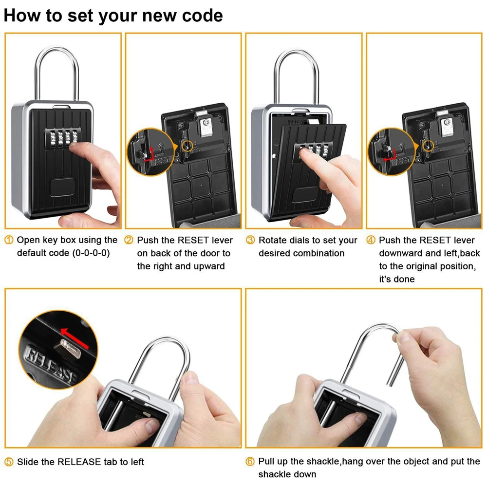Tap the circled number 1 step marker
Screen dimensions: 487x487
click(x=9, y=240)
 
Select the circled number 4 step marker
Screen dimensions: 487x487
click(x=371, y=240)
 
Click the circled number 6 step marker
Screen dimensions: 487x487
click(x=250, y=462)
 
